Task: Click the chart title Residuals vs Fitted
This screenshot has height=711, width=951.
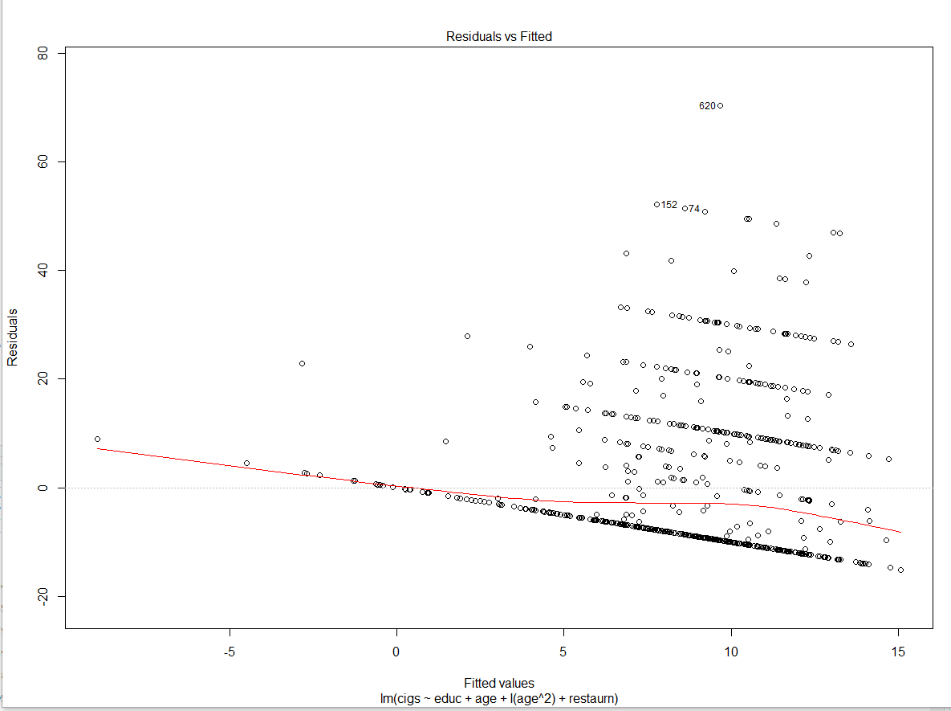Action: pos(498,36)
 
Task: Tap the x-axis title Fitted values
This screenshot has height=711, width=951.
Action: pos(498,683)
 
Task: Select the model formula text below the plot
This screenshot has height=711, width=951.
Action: pos(498,698)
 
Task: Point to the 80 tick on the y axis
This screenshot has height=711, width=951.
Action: pos(43,53)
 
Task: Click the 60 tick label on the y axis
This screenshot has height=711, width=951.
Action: pos(43,162)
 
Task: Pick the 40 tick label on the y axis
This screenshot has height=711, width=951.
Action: pos(43,271)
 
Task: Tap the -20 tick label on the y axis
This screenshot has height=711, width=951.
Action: pos(43,596)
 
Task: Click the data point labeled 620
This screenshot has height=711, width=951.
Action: pos(720,105)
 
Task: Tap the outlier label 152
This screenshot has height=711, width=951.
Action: pos(669,205)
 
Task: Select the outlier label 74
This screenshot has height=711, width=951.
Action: pos(694,209)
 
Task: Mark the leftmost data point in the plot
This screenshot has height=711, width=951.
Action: pos(97,439)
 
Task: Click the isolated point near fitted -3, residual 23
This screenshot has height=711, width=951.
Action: pos(302,363)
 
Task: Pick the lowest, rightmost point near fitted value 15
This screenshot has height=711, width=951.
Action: pos(900,570)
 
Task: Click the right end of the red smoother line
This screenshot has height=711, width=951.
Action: pos(900,532)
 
